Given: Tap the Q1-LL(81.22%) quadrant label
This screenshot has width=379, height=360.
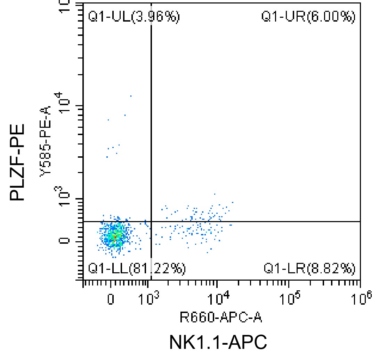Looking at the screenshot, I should pos(137,268).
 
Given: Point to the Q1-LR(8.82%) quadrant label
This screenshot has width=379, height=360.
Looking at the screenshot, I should pos(309,268).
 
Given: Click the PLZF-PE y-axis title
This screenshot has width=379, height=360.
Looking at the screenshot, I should pos(17,162).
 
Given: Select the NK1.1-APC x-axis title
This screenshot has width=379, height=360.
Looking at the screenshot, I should pos(218,342).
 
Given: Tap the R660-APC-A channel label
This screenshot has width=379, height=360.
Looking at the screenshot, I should pos(220,317).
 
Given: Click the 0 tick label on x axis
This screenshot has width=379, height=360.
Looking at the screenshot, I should pos(111,299).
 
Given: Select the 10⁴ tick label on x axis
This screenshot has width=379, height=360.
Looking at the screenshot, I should pos(218,297).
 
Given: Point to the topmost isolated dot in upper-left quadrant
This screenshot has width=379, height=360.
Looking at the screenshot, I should pos(131,96).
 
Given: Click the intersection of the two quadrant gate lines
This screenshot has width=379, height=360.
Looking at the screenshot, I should pos(151,221).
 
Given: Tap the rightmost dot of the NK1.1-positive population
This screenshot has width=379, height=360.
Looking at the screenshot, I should pos(232,202).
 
